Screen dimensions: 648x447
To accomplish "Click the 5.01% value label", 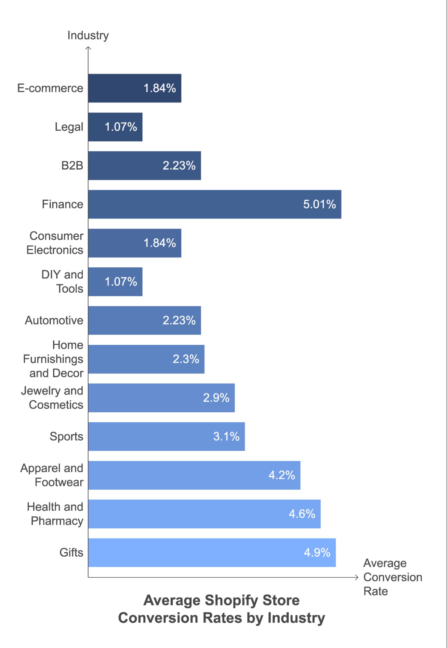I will tap(319, 204).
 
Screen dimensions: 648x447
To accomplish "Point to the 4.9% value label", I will tap(317, 552).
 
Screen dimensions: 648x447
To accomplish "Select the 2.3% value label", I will tap(186, 359).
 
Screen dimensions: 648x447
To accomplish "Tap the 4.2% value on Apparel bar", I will tap(282, 475).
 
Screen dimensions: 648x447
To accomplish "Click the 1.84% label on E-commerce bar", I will tap(160, 88).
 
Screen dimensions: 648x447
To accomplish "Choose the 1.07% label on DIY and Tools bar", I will tap(121, 281).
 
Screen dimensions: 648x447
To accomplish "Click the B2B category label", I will tap(72, 165).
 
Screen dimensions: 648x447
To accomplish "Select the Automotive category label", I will tap(54, 320).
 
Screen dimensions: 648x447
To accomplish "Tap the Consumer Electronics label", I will tap(55, 243).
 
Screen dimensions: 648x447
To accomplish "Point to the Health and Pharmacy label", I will tap(55, 513).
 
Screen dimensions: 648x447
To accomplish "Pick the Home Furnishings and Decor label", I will tap(53, 359).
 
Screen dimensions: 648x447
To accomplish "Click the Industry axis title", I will tap(88, 35).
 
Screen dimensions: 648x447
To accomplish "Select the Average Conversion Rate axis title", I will tap(392, 577).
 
